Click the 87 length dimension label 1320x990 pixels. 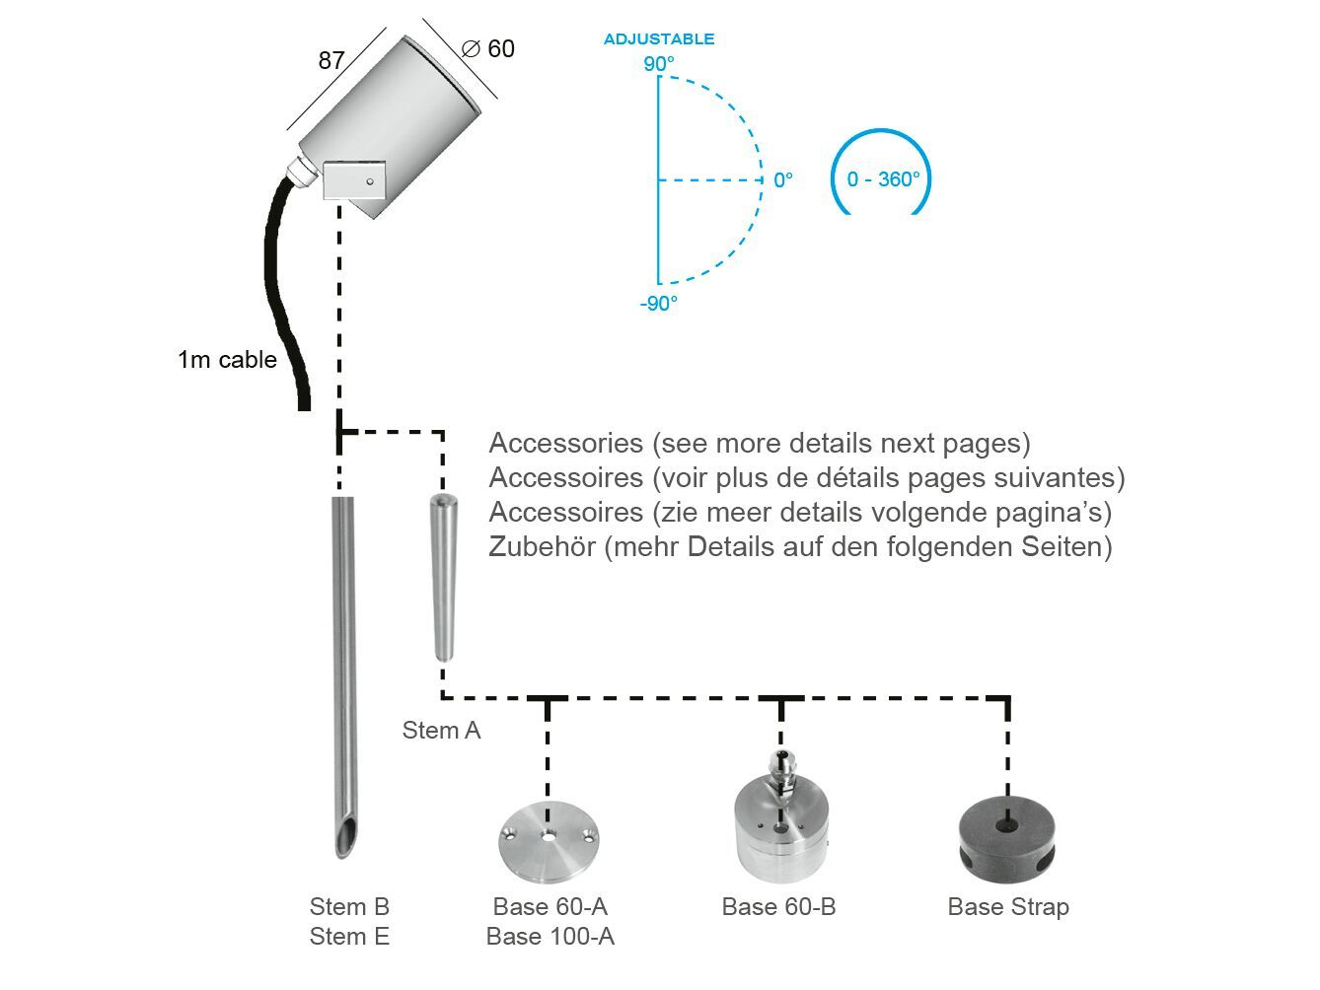pos(331,60)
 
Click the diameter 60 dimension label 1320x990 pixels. pos(489,48)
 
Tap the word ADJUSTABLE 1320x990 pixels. pos(659,39)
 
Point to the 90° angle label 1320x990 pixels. pos(659,64)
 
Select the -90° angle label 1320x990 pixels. pos(658,304)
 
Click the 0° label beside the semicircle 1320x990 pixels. pos(782,180)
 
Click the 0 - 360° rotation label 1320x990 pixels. pos(883,179)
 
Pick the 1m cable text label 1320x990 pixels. pos(227,360)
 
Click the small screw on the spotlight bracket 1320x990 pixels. pos(369,181)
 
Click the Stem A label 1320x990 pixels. pos(441,731)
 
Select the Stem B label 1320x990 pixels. pos(349,907)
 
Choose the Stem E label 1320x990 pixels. pos(349,937)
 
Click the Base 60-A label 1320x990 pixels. pos(550,907)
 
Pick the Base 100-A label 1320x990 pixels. pos(550,937)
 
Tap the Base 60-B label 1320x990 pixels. pos(778,907)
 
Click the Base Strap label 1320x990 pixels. pos(1007,907)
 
